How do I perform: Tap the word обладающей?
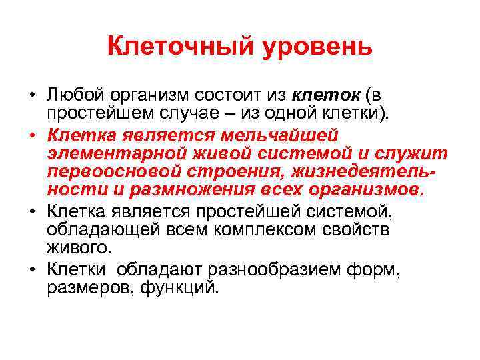click(x=97, y=230)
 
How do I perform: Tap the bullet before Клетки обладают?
click(x=33, y=269)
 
